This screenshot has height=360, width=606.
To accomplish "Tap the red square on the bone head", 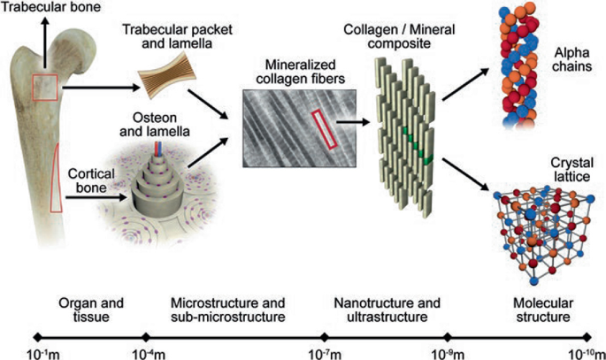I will [x=45, y=87].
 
